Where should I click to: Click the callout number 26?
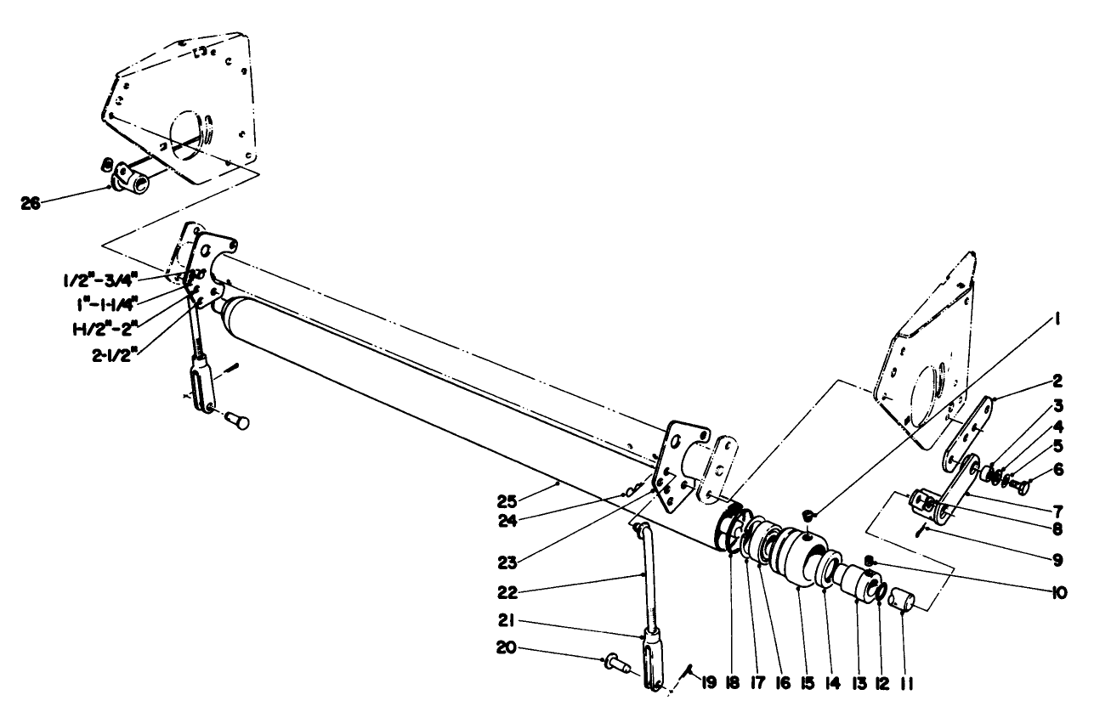tap(31, 204)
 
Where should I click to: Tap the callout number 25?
tap(507, 501)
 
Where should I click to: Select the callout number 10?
tap(1059, 593)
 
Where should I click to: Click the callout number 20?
tap(507, 649)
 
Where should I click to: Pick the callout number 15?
tap(808, 684)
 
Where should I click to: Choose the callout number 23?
tap(507, 562)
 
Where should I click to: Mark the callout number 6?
tap(1057, 470)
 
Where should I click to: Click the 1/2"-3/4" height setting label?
tap(101, 281)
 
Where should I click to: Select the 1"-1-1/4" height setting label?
tap(107, 305)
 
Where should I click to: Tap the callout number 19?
tap(708, 684)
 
